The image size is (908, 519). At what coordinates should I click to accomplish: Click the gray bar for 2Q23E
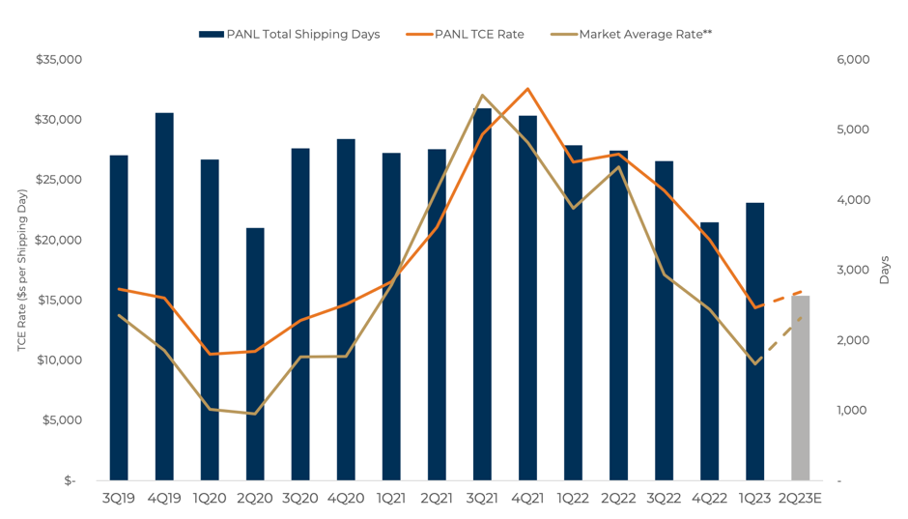pos(800,388)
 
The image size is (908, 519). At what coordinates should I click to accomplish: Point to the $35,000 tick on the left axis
pos(59,60)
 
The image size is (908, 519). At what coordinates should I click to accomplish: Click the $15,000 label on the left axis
pos(59,300)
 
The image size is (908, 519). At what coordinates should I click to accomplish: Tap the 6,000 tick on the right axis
pos(853,60)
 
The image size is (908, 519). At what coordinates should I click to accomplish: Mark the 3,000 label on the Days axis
pos(853,270)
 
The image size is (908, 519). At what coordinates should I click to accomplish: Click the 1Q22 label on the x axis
pos(573,499)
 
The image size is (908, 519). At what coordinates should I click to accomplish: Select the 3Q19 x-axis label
pos(119,499)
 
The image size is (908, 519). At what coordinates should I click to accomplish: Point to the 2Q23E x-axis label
pos(800,499)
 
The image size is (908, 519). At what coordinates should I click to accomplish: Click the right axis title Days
pos(885,271)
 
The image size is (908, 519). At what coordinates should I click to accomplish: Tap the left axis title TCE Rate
pos(22,271)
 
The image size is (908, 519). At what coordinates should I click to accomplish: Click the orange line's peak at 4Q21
pos(527,89)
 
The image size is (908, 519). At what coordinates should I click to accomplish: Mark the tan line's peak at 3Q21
pos(482,96)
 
